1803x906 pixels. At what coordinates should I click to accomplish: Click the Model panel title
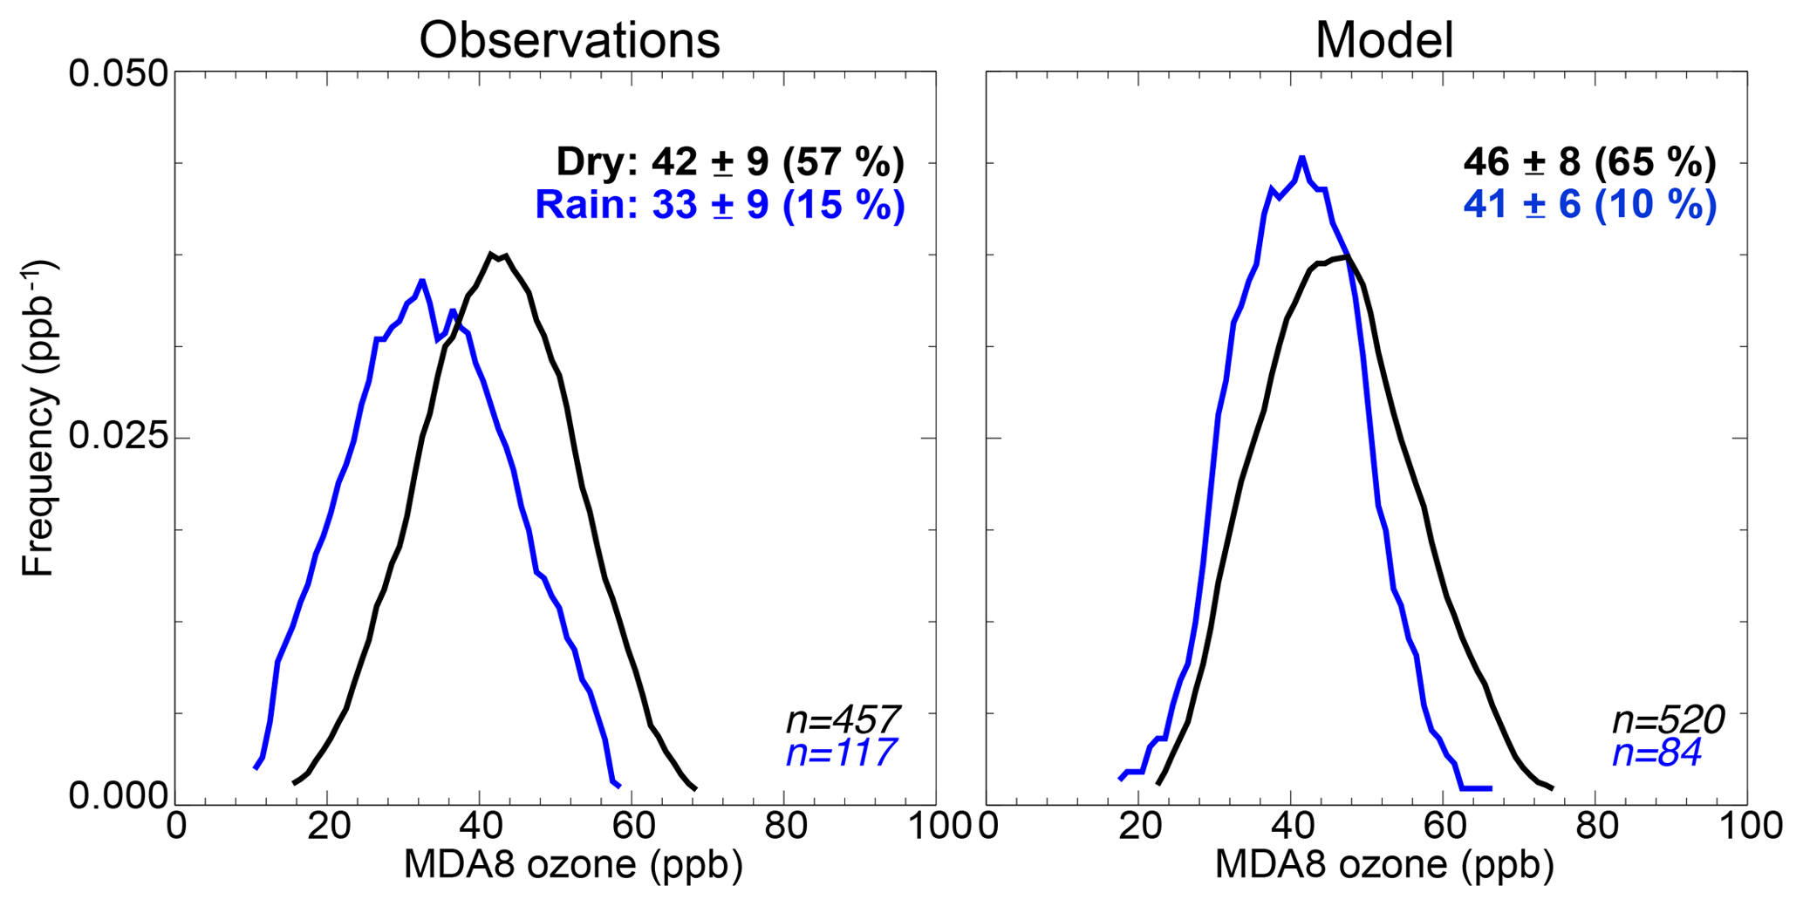click(x=1383, y=40)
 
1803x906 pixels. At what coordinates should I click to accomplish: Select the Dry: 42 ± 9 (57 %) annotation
click(x=730, y=162)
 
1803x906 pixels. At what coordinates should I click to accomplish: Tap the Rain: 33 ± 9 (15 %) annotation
click(x=720, y=205)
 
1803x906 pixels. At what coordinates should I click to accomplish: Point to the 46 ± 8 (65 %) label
click(x=1589, y=162)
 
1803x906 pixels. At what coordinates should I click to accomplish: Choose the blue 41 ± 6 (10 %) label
click(x=1589, y=205)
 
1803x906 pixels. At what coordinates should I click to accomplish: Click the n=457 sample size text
click(x=843, y=720)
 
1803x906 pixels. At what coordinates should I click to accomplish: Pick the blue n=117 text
click(x=841, y=753)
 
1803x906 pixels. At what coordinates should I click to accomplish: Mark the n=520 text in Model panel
click(x=1668, y=720)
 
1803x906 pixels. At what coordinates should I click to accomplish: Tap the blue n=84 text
click(x=1656, y=753)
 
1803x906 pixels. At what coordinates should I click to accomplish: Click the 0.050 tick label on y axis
click(x=118, y=73)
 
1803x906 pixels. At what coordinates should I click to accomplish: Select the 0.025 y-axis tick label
click(x=118, y=437)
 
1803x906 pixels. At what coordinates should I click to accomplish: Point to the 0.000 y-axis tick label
click(x=118, y=796)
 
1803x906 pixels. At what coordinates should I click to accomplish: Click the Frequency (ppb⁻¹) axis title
click(x=38, y=419)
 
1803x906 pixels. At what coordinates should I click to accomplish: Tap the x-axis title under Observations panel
click(x=573, y=864)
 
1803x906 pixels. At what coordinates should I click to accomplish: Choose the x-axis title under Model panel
click(x=1384, y=864)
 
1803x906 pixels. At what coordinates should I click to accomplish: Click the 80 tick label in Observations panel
click(x=784, y=826)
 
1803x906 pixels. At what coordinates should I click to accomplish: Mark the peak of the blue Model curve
click(x=1301, y=158)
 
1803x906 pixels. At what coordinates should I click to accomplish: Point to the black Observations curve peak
click(x=491, y=254)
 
